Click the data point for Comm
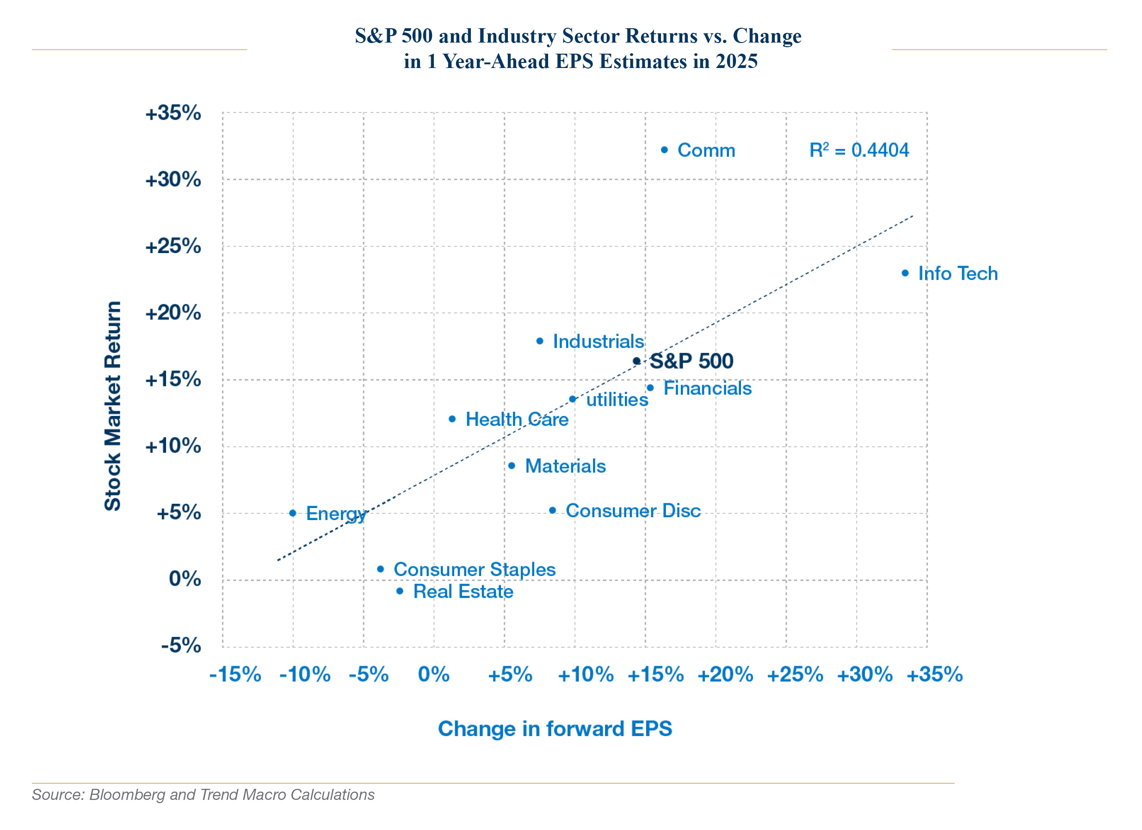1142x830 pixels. pyautogui.click(x=664, y=149)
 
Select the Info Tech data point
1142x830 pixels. pyautogui.click(x=905, y=273)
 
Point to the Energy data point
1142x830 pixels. pyautogui.click(x=292, y=513)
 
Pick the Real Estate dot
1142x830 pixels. pyautogui.click(x=399, y=591)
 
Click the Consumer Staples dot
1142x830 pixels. pyautogui.click(x=381, y=569)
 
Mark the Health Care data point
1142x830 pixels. pyautogui.click(x=452, y=419)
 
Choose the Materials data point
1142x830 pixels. pyautogui.click(x=512, y=465)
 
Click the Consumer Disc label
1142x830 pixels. pyautogui.click(x=633, y=510)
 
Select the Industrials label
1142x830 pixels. pyautogui.click(x=598, y=341)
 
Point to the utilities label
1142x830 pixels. pyautogui.click(x=617, y=399)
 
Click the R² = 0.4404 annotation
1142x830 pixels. pyautogui.click(x=858, y=149)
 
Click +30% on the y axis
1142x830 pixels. pyautogui.click(x=173, y=180)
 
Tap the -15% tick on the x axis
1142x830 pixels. pyautogui.click(x=235, y=674)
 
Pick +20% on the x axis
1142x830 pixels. pyautogui.click(x=725, y=674)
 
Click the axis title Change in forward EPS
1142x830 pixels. pyautogui.click(x=555, y=728)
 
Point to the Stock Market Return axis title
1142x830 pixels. pyautogui.click(x=113, y=406)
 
